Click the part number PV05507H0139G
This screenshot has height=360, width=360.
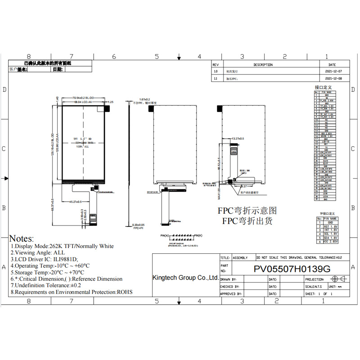point(292,269)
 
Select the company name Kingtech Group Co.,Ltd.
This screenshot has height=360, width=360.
point(185,278)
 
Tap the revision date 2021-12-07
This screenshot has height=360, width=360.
point(333,72)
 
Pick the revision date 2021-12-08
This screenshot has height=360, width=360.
point(333,78)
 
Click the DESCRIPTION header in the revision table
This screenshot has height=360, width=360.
point(263,65)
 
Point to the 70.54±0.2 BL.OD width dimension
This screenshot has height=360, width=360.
point(84,98)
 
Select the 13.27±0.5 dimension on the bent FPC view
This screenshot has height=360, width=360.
point(237,139)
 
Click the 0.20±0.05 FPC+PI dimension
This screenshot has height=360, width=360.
point(139,225)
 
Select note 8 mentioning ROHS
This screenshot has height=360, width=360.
point(72,292)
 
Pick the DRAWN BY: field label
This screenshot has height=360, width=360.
point(229,279)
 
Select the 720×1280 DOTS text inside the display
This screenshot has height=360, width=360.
point(84,142)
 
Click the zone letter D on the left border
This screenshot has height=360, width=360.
point(4,90)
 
